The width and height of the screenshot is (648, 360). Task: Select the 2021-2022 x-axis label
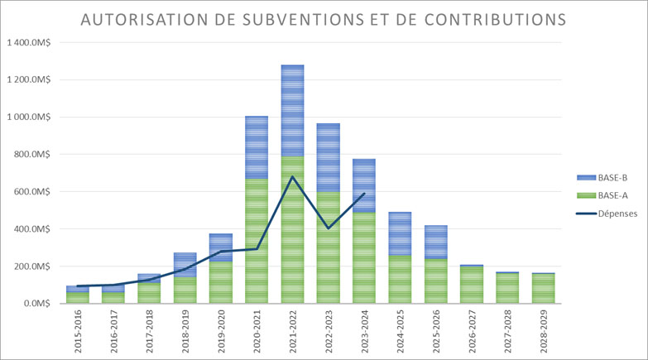[x=292, y=332]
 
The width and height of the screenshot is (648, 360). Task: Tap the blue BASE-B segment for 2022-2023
[x=329, y=157]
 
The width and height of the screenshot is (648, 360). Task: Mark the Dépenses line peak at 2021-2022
[x=292, y=176]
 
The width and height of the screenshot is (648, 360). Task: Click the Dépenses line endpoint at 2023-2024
[x=364, y=194]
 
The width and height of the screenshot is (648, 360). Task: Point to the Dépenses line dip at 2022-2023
[x=329, y=228]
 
